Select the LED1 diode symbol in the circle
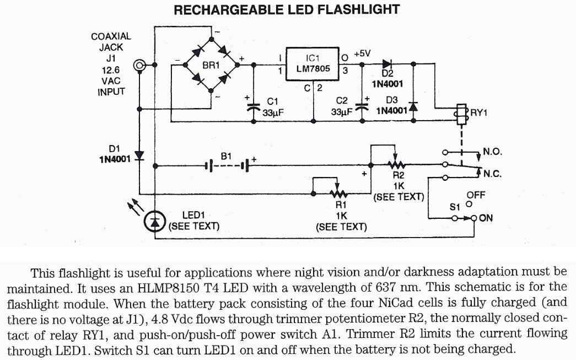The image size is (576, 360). (x=154, y=222)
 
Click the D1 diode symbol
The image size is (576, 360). (x=139, y=155)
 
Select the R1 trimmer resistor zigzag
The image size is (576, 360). (x=338, y=193)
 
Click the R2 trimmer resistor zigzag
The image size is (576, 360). (x=395, y=164)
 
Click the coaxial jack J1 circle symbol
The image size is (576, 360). (x=141, y=66)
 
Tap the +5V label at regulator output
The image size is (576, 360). (x=362, y=53)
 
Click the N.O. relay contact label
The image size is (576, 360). (x=492, y=151)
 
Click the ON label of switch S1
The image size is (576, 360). (x=486, y=218)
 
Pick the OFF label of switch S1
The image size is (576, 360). (x=476, y=195)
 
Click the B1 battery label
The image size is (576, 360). (x=226, y=157)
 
